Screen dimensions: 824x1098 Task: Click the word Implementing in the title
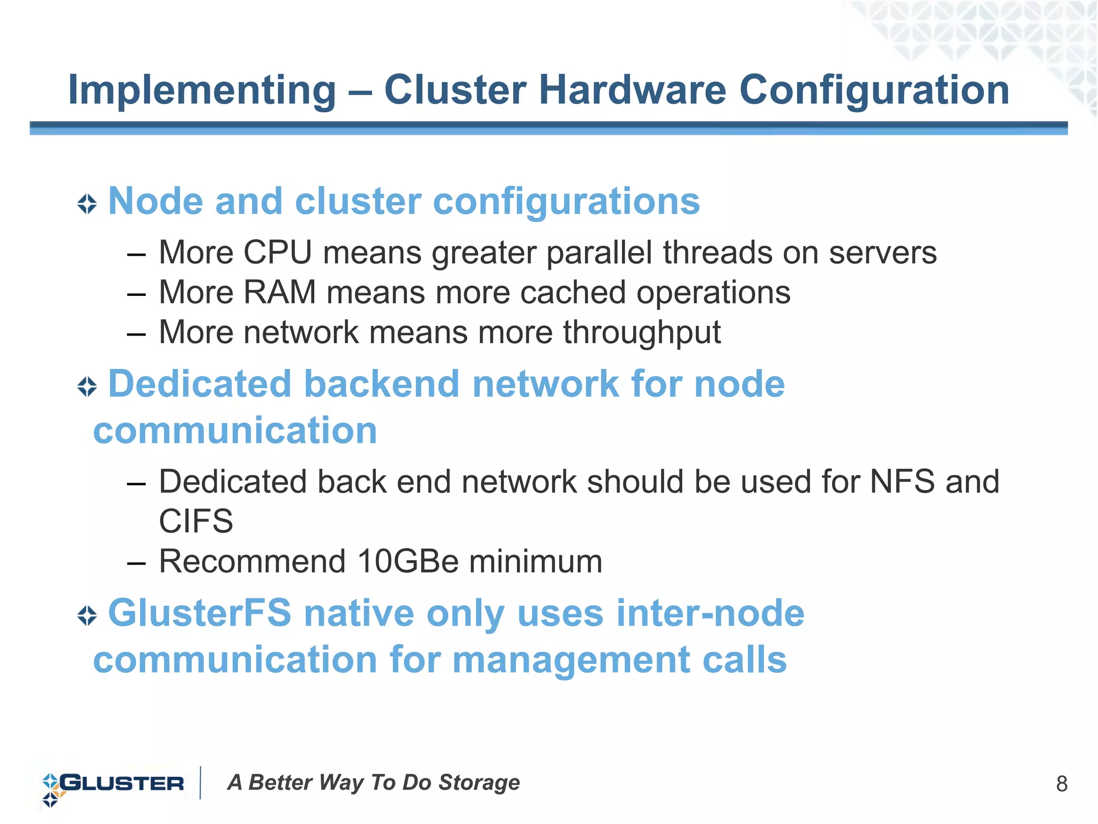point(202,90)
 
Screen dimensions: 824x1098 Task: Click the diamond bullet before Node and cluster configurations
point(87,204)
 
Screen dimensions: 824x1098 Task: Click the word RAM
point(279,292)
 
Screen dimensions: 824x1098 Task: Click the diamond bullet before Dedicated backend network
point(87,386)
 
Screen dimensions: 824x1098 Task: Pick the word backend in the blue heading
point(382,384)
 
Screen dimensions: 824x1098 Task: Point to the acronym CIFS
point(196,521)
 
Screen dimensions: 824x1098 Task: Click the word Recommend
point(252,561)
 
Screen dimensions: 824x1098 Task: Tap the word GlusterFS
point(200,613)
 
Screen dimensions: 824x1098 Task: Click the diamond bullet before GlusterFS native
point(87,615)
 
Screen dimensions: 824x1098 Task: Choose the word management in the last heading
point(571,659)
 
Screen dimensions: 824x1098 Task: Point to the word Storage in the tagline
point(479,783)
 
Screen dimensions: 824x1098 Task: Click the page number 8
point(1062,784)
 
